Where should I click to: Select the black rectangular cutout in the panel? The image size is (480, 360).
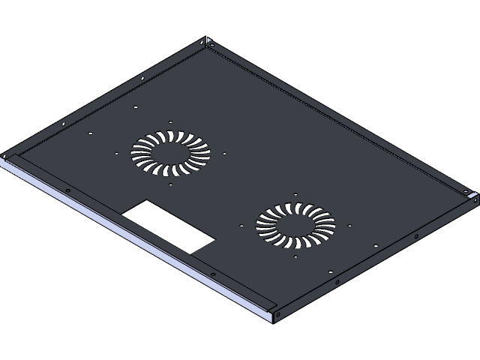pos(169,226)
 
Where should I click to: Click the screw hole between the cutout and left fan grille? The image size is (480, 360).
pos(171,184)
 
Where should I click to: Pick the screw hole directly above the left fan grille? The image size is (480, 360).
pos(171,121)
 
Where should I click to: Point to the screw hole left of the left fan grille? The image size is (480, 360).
pos(117,154)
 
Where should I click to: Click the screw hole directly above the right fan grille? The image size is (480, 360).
pos(297,193)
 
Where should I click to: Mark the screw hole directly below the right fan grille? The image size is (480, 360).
pos(296,257)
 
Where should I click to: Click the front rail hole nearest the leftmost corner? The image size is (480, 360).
pos(67,190)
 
